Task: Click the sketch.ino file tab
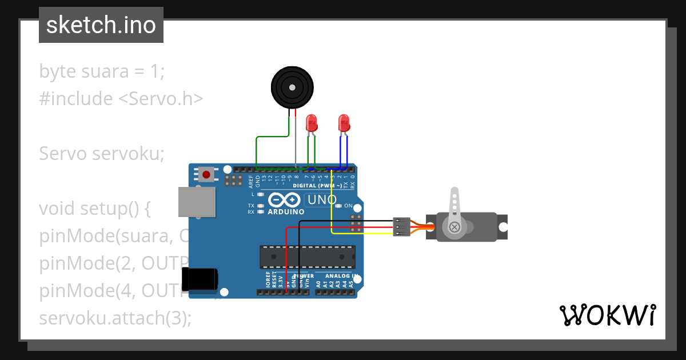(101, 25)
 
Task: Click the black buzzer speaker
(292, 87)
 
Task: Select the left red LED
(312, 123)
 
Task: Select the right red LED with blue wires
(344, 123)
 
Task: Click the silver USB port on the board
(197, 202)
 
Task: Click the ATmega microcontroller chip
(307, 257)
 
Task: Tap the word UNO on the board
(321, 200)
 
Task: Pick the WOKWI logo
(607, 315)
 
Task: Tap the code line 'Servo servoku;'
(102, 153)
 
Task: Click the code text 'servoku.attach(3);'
(115, 318)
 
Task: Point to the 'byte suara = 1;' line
(102, 71)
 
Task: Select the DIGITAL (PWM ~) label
(318, 186)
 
